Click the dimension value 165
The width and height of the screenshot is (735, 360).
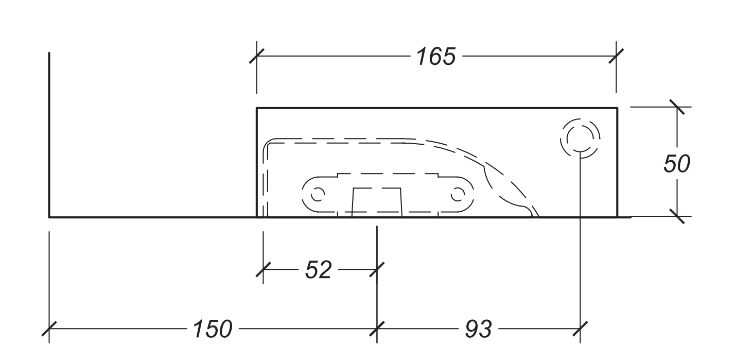[436, 57]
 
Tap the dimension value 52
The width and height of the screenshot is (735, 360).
[318, 270]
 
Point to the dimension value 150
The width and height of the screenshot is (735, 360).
[213, 329]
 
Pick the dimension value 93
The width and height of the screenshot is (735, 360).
[478, 329]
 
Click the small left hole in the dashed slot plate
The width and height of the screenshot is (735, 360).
[318, 194]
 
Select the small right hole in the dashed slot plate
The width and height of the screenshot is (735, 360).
[457, 194]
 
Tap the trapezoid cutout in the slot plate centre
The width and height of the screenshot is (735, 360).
[376, 201]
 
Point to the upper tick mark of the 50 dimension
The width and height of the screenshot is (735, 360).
[677, 108]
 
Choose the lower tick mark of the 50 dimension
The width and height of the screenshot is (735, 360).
[677, 216]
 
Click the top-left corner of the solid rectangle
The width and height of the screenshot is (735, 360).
[257, 108]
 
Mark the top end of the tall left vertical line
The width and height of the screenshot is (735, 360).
[49, 53]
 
